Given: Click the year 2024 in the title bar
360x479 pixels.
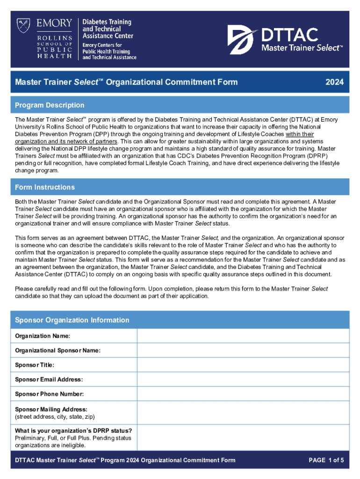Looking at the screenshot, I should (335, 82).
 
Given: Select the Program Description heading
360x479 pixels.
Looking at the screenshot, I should (50, 105).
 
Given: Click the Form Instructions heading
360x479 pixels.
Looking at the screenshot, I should (45, 187).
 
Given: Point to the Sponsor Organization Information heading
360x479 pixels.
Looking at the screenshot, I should (72, 320).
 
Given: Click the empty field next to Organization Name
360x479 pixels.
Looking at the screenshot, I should (243, 336).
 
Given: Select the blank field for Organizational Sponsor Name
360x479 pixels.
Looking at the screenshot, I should (243, 350).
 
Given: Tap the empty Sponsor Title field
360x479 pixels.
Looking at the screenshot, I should (243, 365).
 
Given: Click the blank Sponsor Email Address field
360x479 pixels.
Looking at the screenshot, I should (243, 379).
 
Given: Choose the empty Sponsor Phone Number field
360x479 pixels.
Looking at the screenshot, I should (243, 394).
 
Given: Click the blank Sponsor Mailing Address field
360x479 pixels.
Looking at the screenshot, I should (243, 412).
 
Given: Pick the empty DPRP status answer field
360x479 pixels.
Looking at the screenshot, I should (243, 437).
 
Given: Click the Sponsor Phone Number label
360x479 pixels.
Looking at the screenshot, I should (50, 394).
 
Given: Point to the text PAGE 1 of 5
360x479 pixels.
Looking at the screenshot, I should (326, 460).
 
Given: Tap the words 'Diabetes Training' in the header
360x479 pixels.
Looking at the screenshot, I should (107, 22).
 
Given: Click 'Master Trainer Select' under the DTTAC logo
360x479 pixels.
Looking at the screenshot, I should (302, 48).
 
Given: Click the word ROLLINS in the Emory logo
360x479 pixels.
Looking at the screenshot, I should (56, 38).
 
